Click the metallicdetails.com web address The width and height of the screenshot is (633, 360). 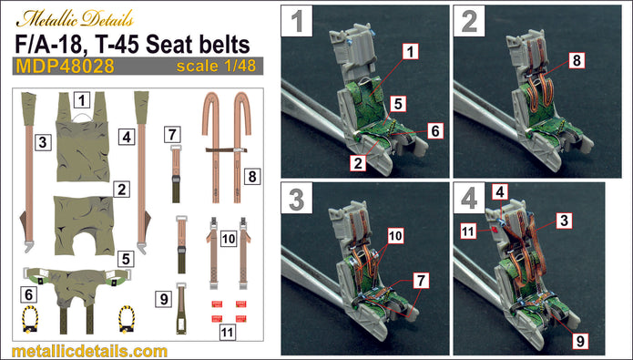(x=90, y=351)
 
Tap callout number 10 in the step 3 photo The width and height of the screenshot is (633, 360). (x=395, y=236)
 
